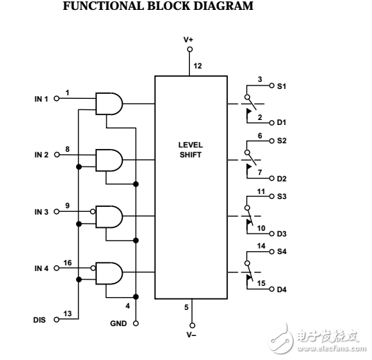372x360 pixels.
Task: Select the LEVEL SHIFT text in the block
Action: tap(190, 149)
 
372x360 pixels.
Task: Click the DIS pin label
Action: tap(40, 319)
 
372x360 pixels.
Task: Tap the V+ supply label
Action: tap(189, 40)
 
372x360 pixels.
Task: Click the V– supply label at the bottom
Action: tap(189, 333)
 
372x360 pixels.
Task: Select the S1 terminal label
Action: tap(282, 86)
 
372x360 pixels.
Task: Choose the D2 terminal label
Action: tap(282, 178)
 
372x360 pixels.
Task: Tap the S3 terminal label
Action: tap(282, 197)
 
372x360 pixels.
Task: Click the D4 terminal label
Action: tap(282, 289)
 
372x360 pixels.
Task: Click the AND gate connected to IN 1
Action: tap(108, 104)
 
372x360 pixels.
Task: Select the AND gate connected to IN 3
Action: tap(108, 215)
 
